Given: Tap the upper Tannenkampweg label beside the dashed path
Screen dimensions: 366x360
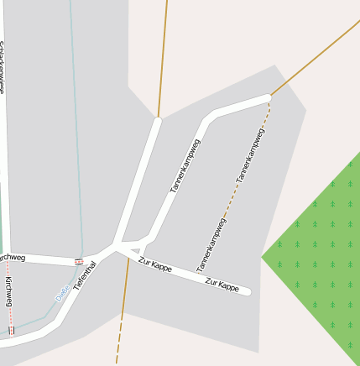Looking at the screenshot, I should (250, 156).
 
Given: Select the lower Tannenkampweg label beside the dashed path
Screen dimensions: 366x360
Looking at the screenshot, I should (211, 244).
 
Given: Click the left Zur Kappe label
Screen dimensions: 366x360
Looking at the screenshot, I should (155, 266).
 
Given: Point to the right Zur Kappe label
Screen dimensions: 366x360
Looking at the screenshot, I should (222, 285).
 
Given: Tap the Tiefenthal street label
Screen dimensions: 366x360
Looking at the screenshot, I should (85, 275).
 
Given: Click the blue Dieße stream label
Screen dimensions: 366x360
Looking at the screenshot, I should (62, 292).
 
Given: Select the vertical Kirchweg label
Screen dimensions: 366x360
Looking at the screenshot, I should (8, 290).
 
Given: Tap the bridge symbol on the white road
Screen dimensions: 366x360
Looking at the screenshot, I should (78, 261).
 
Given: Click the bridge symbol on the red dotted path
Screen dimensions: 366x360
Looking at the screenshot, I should (11, 330).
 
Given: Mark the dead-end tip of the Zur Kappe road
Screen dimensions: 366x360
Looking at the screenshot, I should (248, 292).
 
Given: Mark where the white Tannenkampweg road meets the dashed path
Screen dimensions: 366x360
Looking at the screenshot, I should (269, 97).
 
